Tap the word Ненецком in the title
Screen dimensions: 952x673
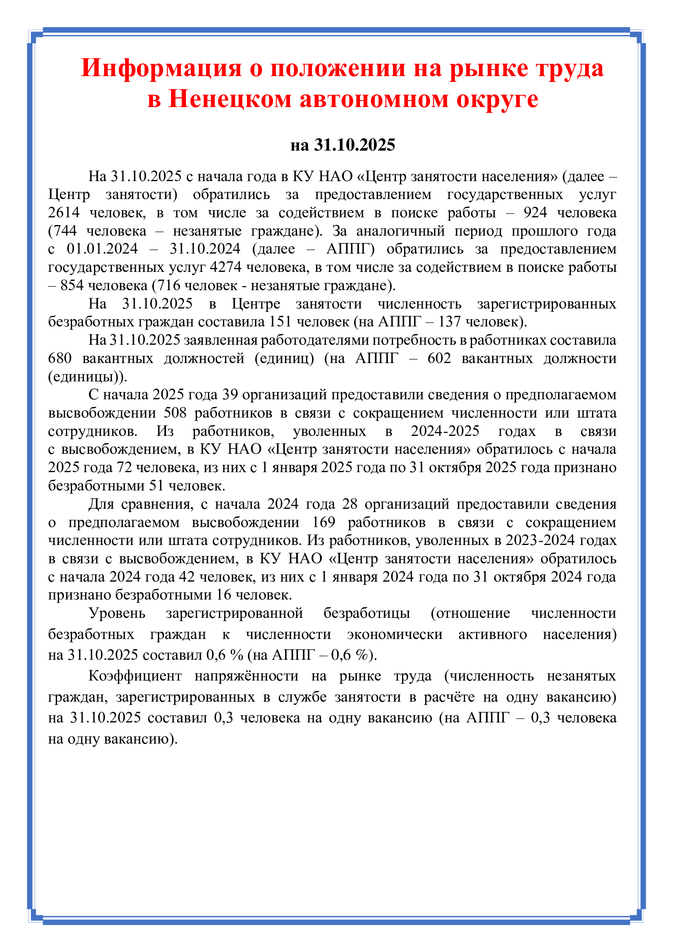pyautogui.click(x=230, y=99)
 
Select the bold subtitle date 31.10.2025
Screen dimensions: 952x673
pyautogui.click(x=354, y=145)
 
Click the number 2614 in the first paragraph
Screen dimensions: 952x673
pyautogui.click(x=63, y=213)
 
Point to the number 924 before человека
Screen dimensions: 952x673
pyautogui.click(x=535, y=213)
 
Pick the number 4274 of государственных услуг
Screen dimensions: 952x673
pyautogui.click(x=225, y=267)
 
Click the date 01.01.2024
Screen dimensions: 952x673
pyautogui.click(x=102, y=249)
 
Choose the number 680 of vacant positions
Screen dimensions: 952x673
pyautogui.click(x=60, y=358)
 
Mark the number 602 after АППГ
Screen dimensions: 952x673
pyautogui.click(x=439, y=358)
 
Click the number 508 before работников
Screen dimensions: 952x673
pyautogui.click(x=175, y=413)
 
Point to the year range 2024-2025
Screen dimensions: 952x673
pyautogui.click(x=445, y=431)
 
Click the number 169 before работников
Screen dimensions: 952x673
pyautogui.click(x=323, y=522)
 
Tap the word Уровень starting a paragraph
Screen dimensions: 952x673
pyautogui.click(x=117, y=613)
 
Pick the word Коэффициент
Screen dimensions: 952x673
pyautogui.click(x=135, y=676)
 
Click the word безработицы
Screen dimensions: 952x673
pyautogui.click(x=366, y=613)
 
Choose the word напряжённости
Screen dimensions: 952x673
pyautogui.click(x=246, y=676)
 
